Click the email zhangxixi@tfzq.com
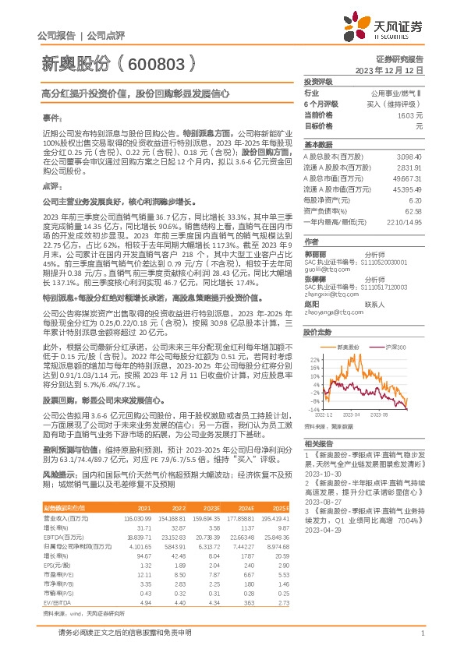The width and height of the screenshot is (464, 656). click(x=328, y=294)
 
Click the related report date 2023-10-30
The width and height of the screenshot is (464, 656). click(x=323, y=473)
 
